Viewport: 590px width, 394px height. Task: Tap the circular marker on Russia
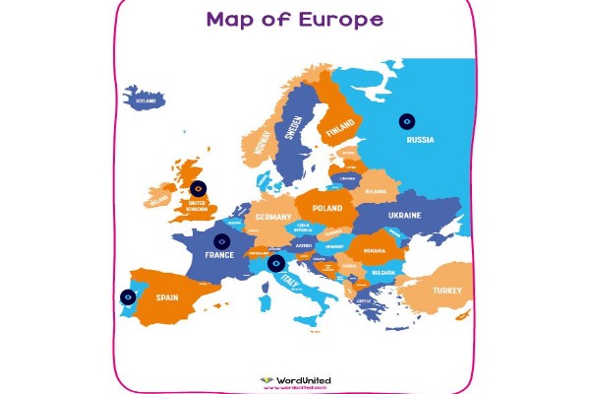click(x=406, y=121)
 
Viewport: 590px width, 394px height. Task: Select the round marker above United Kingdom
click(x=199, y=187)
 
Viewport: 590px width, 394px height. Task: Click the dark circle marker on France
click(x=222, y=239)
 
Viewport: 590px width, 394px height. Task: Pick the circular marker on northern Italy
click(x=276, y=263)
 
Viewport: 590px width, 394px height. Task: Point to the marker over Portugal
click(x=128, y=296)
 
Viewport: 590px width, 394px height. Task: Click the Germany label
click(x=273, y=217)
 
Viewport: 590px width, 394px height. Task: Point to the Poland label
click(x=326, y=209)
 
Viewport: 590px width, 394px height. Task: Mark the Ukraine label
click(x=404, y=215)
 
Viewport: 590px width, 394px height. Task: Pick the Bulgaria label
click(x=383, y=273)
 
